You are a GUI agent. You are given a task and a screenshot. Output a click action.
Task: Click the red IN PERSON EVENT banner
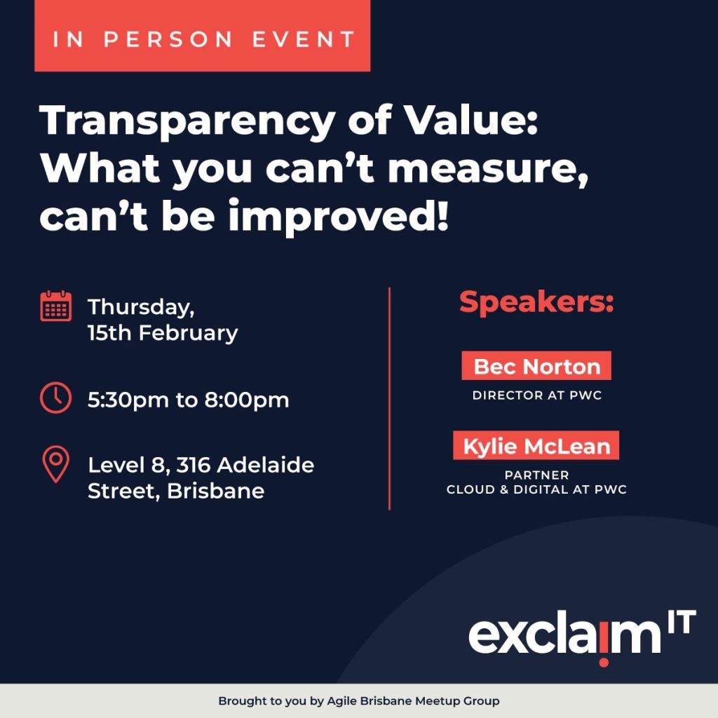coord(202,36)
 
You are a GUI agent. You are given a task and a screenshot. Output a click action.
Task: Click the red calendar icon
coord(56,306)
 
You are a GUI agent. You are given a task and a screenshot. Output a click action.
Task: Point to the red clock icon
coord(56,398)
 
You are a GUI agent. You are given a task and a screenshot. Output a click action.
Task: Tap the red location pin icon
coord(56,463)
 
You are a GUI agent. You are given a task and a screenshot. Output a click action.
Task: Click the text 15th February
coord(163,332)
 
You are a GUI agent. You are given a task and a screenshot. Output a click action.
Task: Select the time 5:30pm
coord(128,400)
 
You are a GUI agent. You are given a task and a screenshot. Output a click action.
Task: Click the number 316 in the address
coord(194,465)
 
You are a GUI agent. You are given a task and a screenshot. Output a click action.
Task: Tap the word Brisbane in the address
coord(215,491)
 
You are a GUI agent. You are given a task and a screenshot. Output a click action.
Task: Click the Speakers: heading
coord(536,302)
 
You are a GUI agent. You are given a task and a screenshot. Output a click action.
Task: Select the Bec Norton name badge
coord(536,366)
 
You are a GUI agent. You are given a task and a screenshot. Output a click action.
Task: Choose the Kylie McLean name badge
coord(536,446)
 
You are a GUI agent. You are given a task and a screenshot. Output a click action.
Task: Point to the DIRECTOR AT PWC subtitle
coord(536,395)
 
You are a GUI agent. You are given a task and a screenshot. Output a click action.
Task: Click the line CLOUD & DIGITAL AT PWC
coord(536,489)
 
